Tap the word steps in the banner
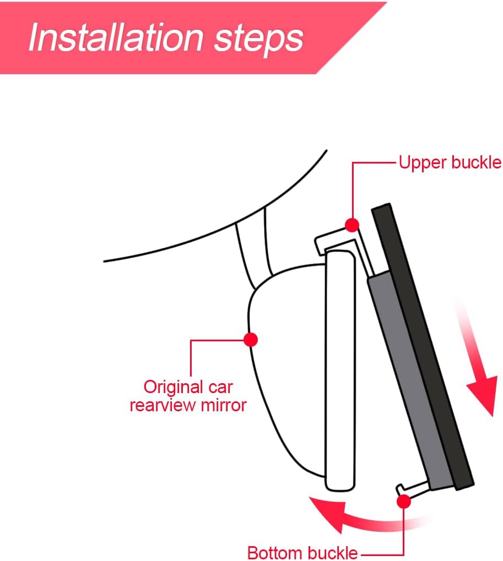pos(258,39)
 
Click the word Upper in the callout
pos(423,163)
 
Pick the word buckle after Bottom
pos(332,552)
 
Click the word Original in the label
pos(174,387)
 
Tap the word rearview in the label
pos(163,405)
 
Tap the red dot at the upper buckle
pos(352,225)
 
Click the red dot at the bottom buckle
pos(404,501)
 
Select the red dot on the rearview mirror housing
pos(251,339)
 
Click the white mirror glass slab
pos(340,371)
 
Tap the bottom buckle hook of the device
pos(412,488)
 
